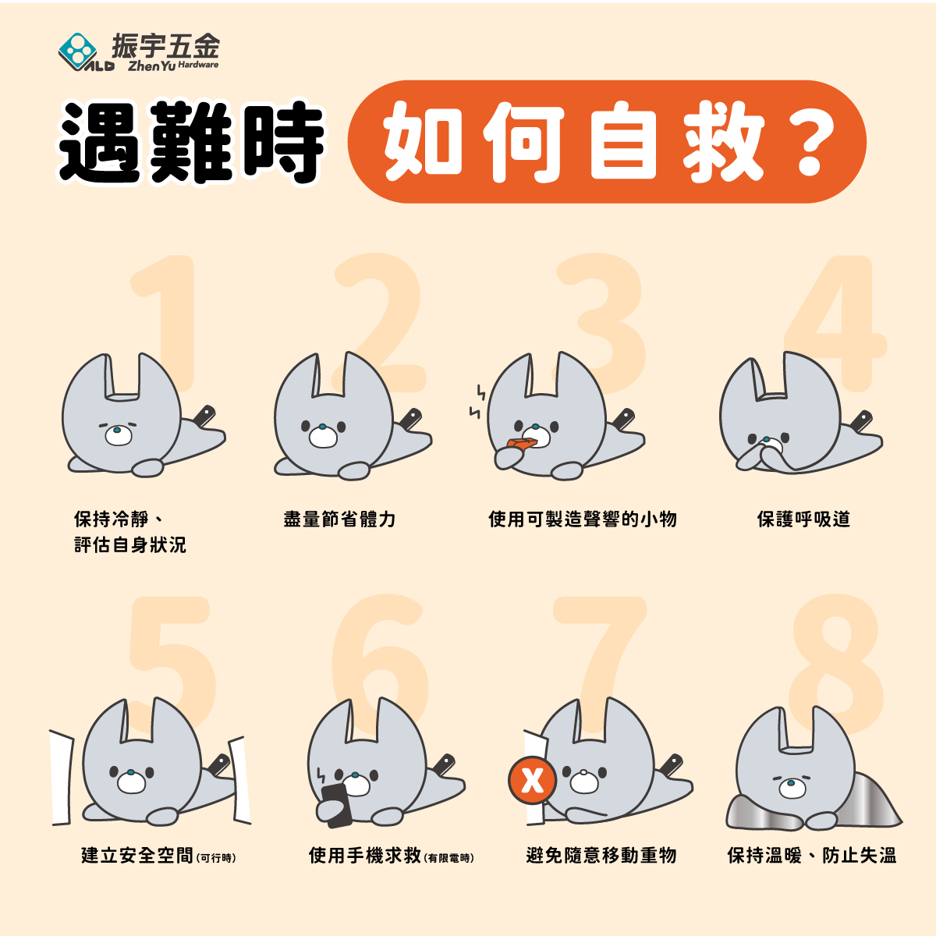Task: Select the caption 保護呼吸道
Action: point(803,519)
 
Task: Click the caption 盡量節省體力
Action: point(339,519)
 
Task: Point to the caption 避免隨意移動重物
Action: point(601,856)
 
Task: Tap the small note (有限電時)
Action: point(448,858)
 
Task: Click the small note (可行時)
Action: point(216,858)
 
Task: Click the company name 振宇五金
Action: point(165,46)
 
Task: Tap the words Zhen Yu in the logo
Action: point(151,66)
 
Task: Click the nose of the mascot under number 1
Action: point(117,430)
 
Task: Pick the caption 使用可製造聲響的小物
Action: point(583,519)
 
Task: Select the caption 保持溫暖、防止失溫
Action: point(812,856)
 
